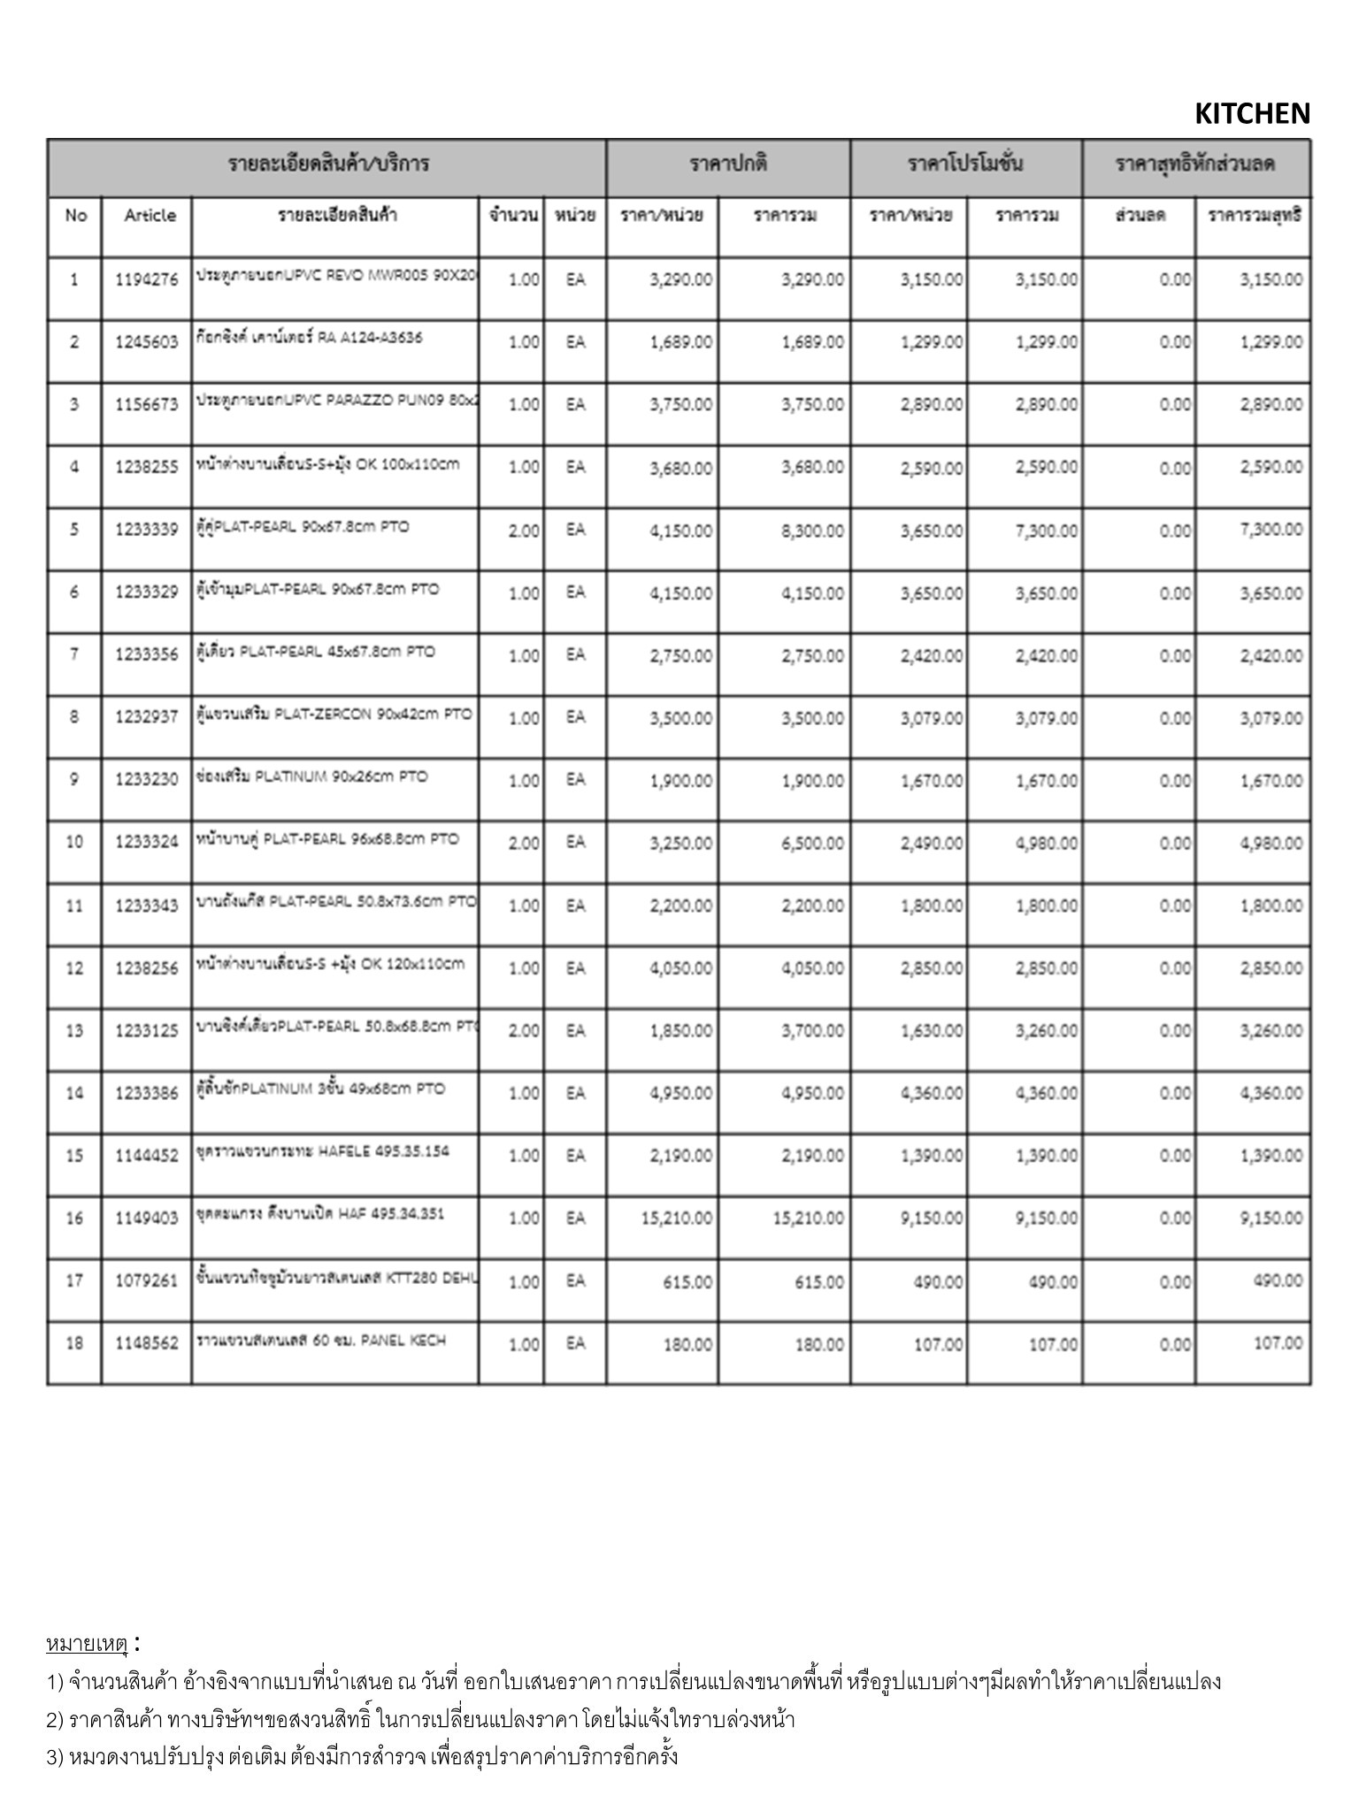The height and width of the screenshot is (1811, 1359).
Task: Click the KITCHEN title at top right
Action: tap(1251, 114)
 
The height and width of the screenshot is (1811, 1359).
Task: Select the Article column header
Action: tap(150, 216)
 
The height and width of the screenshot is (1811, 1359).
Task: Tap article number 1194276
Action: tap(147, 280)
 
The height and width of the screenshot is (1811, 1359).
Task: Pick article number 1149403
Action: tap(147, 1219)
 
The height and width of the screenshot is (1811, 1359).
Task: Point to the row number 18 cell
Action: tap(74, 1344)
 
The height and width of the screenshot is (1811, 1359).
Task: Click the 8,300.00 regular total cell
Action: tap(812, 531)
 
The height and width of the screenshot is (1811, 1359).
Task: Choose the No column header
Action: tap(76, 216)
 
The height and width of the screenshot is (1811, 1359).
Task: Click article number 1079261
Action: tap(147, 1281)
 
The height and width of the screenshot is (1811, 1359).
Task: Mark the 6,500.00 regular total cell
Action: tap(812, 844)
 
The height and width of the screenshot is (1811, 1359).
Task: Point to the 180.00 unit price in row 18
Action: tap(689, 1345)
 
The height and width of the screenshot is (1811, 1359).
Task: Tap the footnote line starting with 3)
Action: tap(363, 1756)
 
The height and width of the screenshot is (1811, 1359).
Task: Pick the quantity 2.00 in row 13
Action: tap(524, 1031)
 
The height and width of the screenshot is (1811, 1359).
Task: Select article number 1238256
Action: tap(147, 968)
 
